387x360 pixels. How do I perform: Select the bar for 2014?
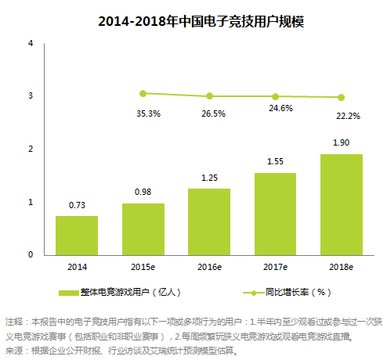click(77, 235)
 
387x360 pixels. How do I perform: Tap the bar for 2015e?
click(143, 229)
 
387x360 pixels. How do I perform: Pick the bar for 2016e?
click(209, 221)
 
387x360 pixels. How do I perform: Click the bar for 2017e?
click(275, 214)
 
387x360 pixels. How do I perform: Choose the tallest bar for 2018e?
click(341, 204)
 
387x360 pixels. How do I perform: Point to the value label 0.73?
click(77, 205)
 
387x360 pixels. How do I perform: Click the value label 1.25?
click(209, 178)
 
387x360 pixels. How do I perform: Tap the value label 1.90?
click(341, 143)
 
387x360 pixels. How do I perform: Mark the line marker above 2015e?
click(143, 93)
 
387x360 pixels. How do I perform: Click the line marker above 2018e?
click(341, 98)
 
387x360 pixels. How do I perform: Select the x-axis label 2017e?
click(275, 266)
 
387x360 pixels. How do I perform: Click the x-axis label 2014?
click(77, 266)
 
